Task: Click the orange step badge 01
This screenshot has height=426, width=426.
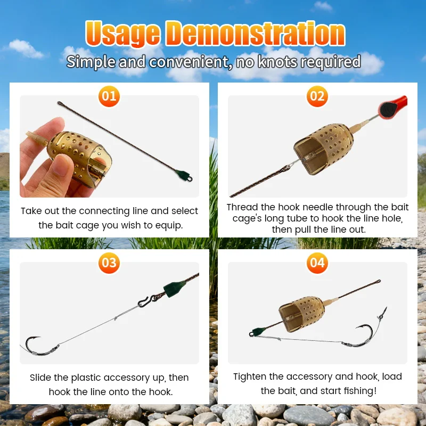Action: coord(109,96)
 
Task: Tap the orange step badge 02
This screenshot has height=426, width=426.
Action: coord(317,96)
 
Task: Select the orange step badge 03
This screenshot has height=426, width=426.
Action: coord(109,263)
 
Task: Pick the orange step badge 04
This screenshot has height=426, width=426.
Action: coord(317,263)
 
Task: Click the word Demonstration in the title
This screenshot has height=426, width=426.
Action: coord(256,34)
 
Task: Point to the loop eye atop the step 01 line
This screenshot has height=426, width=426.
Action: coord(60,103)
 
